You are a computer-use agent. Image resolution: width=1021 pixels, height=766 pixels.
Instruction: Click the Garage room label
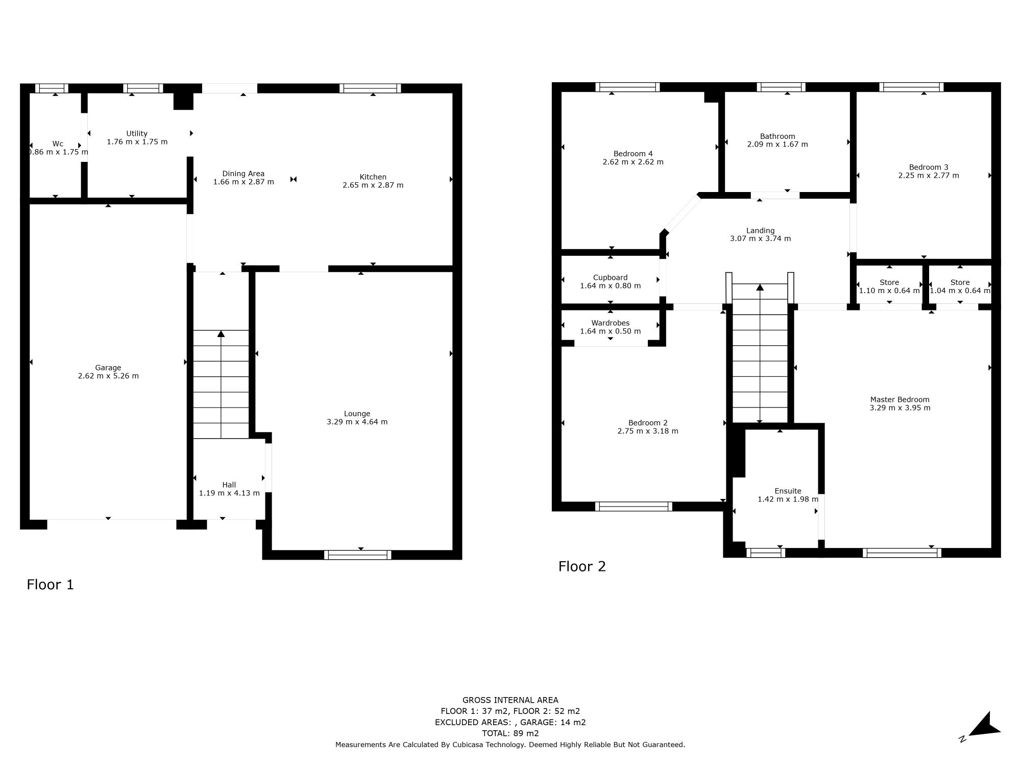(108, 368)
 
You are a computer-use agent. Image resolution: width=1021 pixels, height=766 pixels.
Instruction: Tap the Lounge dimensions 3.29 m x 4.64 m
(357, 422)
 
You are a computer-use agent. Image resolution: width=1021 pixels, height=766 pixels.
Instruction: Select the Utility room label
(137, 134)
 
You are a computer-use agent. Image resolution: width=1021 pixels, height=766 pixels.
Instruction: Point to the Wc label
(58, 144)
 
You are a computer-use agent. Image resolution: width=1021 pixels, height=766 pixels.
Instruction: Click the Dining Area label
(243, 174)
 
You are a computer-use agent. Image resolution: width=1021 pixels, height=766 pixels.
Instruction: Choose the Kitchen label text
(373, 177)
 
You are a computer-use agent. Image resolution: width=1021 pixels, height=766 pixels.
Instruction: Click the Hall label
(229, 485)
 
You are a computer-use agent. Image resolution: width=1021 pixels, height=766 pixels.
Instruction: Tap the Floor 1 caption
(50, 585)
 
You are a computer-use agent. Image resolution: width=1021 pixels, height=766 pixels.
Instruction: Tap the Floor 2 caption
(581, 566)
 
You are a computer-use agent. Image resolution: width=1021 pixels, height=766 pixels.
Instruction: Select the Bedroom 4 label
(633, 154)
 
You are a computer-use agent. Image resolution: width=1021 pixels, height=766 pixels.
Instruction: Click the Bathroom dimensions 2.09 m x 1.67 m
(777, 145)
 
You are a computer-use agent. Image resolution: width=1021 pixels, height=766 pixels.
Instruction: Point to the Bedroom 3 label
(928, 167)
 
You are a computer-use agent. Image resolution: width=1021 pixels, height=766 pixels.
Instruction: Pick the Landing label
(760, 231)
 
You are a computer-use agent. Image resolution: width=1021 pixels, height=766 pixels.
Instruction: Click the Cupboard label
(610, 278)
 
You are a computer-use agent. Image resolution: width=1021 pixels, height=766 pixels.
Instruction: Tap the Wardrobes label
(610, 323)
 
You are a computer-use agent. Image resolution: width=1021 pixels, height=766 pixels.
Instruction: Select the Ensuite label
(788, 491)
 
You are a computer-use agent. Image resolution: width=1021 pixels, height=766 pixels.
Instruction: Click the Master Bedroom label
(900, 400)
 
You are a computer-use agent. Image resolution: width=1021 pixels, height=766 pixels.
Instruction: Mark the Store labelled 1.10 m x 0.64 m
(889, 286)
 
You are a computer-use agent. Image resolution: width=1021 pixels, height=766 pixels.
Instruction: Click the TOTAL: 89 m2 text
(510, 733)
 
